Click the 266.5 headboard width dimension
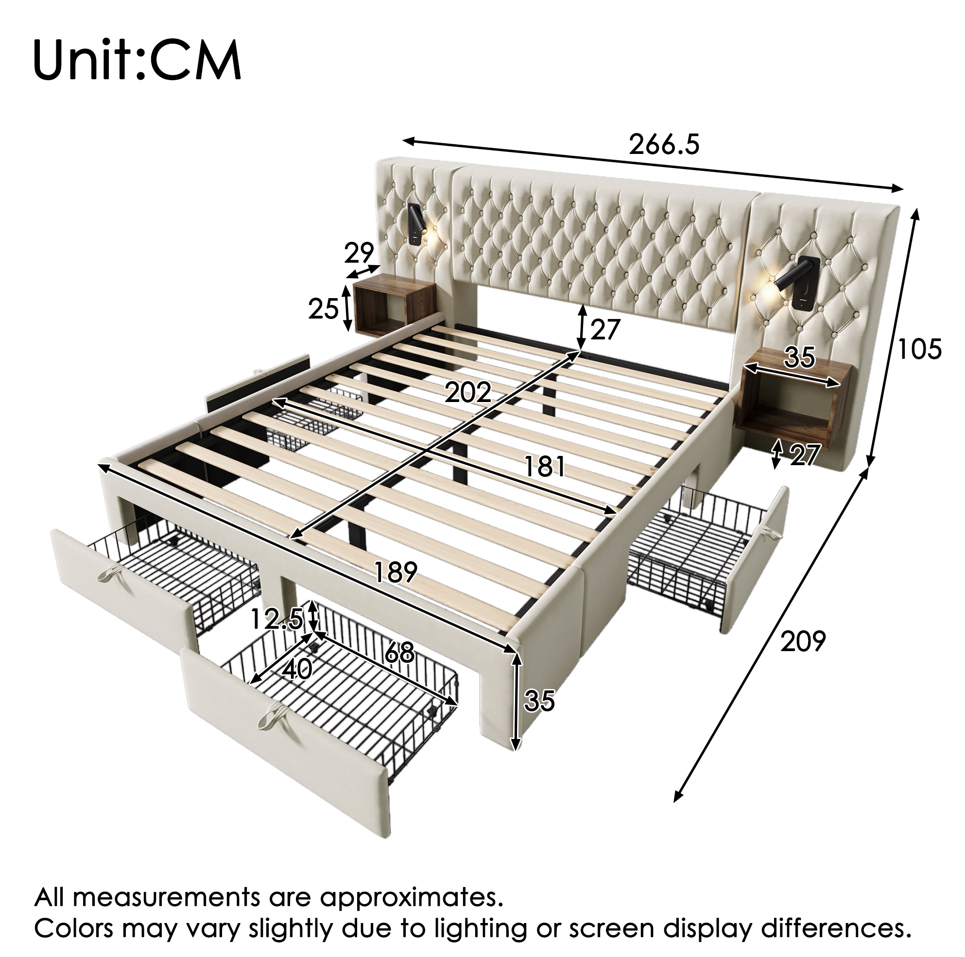tap(664, 145)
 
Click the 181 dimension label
tap(544, 467)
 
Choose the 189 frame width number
tap(395, 572)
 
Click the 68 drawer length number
tap(399, 653)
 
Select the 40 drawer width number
tap(298, 670)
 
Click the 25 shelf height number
tap(323, 309)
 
